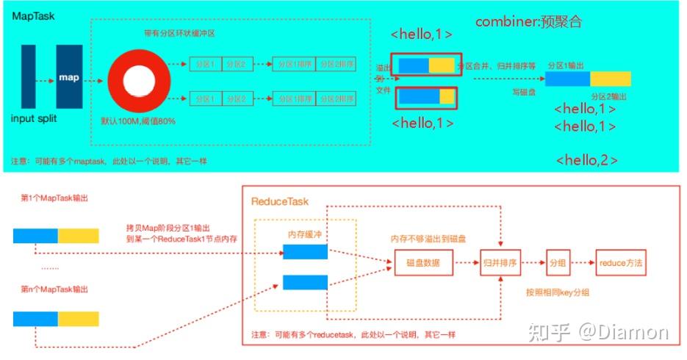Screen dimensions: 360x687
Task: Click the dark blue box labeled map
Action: [69, 76]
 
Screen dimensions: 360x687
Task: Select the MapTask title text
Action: [33, 15]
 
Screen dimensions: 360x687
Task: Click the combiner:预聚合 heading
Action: [529, 21]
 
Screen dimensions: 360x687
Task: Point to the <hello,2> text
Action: [586, 159]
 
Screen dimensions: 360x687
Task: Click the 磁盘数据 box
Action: [422, 262]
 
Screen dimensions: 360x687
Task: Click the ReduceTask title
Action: [280, 201]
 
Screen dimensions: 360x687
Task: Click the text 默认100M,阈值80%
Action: [137, 120]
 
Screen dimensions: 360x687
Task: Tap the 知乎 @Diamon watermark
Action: [597, 332]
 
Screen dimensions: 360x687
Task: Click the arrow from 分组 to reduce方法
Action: [584, 262]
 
